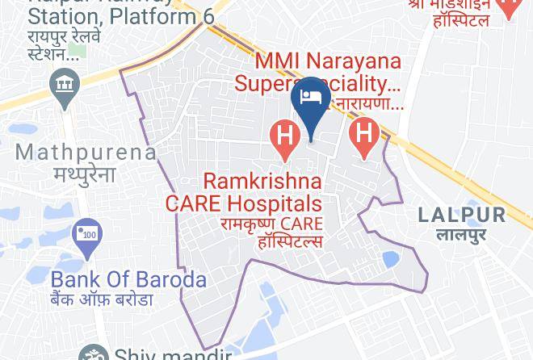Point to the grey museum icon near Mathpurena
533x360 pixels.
pos(62,84)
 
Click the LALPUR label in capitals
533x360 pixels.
pos(462,215)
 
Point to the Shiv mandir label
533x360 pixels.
pos(174,354)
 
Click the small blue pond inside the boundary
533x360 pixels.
pos(389,259)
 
